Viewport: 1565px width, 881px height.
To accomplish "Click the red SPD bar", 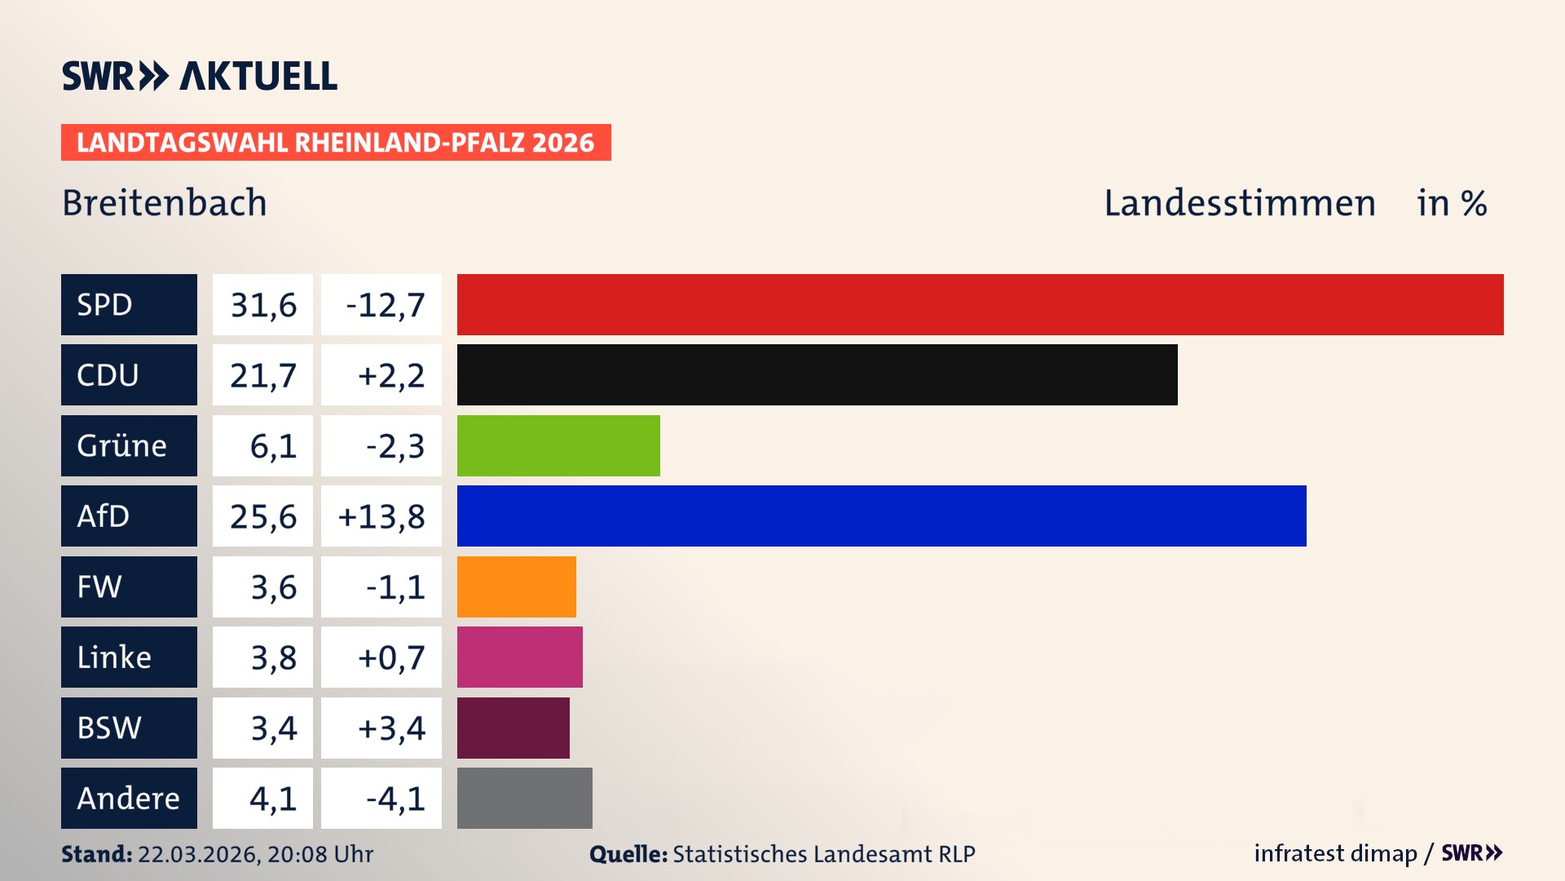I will pyautogui.click(x=980, y=304).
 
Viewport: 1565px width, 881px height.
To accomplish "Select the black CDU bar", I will pyautogui.click(x=817, y=375).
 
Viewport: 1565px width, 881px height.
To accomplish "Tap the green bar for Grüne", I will pyautogui.click(x=558, y=445).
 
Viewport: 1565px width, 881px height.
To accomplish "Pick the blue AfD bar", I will pyautogui.click(x=881, y=516).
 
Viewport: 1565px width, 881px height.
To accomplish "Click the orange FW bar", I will pyautogui.click(x=516, y=587).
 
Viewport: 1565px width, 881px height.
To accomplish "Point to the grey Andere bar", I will pyautogui.click(x=524, y=798).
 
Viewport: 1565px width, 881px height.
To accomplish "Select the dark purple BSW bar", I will pyautogui.click(x=513, y=728).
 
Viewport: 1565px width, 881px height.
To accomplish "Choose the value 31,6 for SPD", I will pyautogui.click(x=262, y=305).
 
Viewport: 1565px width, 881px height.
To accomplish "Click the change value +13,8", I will pyautogui.click(x=381, y=516).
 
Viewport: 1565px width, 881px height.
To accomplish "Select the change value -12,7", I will pyautogui.click(x=385, y=305).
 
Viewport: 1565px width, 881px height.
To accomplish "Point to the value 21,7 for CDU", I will pyautogui.click(x=262, y=375).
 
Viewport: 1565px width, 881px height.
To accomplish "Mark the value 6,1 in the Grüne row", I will pyautogui.click(x=272, y=446).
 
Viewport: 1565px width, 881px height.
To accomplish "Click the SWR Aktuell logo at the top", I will pyautogui.click(x=200, y=76).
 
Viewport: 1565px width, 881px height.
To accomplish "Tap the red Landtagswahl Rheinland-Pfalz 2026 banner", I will pyautogui.click(x=335, y=142).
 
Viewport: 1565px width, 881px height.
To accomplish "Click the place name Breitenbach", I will pyautogui.click(x=165, y=202).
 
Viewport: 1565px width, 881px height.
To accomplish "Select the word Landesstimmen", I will pyautogui.click(x=1239, y=202).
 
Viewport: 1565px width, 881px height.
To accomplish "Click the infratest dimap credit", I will pyautogui.click(x=1335, y=853).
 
